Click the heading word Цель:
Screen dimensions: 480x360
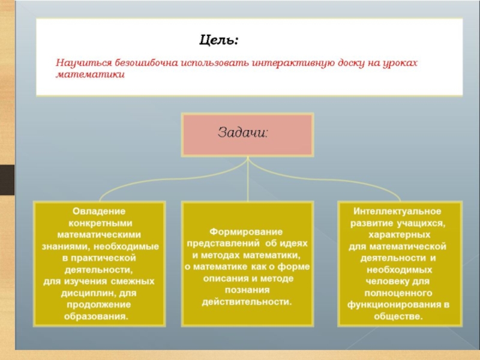click(x=218, y=40)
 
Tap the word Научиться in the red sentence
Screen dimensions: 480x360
click(x=83, y=63)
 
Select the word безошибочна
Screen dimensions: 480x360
click(x=146, y=63)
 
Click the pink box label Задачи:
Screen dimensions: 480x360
click(x=243, y=133)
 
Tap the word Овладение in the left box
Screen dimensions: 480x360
click(x=99, y=211)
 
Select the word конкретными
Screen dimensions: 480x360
click(x=100, y=223)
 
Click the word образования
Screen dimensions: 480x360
click(x=96, y=317)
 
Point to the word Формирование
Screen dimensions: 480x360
click(x=246, y=232)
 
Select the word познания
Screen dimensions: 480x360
click(x=247, y=290)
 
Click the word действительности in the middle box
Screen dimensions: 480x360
click(x=247, y=302)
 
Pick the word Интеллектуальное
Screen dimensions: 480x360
click(x=397, y=211)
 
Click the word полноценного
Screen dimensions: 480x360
click(x=398, y=293)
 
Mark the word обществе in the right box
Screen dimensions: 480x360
click(x=398, y=317)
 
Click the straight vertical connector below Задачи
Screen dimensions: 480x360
click(x=248, y=179)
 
